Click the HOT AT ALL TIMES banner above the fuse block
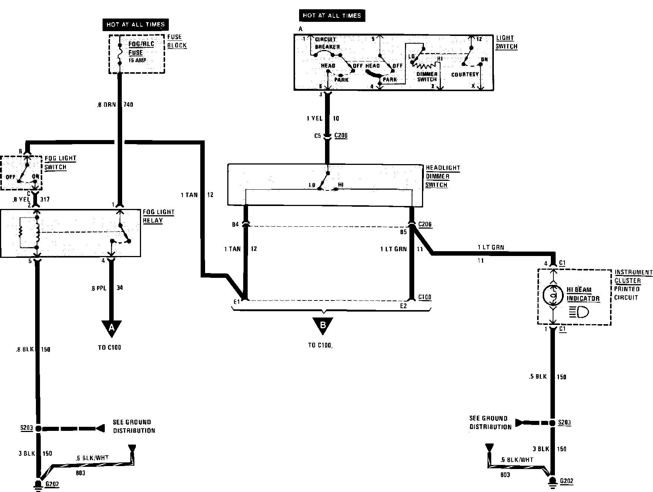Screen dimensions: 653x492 tap(135, 24)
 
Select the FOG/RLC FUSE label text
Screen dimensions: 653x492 tap(141, 48)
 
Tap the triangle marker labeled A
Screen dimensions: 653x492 tap(111, 328)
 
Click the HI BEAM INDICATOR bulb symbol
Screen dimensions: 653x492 tap(553, 296)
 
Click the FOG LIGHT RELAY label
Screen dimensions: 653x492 tap(158, 216)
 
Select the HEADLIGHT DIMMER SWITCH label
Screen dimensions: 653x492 tap(443, 176)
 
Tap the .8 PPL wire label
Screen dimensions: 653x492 tap(98, 288)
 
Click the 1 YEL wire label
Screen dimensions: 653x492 tap(315, 119)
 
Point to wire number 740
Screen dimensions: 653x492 tap(128, 105)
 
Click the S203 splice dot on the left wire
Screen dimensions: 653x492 tap(38, 428)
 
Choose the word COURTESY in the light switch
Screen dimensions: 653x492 tap(465, 74)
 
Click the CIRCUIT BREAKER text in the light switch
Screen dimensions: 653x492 tap(327, 43)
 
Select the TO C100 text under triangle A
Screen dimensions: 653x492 tap(110, 348)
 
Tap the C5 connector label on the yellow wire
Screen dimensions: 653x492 tap(318, 136)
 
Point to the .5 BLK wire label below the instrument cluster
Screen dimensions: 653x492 tap(538, 377)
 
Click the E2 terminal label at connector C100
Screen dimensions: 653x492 tap(403, 306)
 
